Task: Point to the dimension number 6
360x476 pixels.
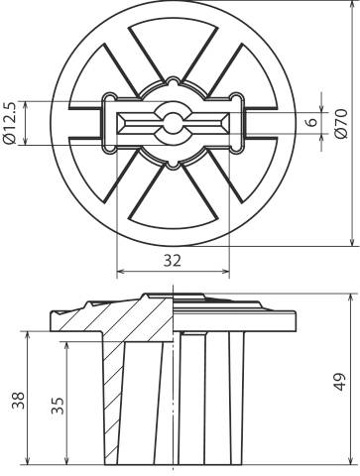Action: coord(310,122)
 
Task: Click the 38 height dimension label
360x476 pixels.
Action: coord(17,400)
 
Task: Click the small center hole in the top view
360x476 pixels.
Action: coord(174,123)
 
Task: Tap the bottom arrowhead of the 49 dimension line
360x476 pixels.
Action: coord(353,461)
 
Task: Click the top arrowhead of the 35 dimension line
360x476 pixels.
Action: coord(68,344)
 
